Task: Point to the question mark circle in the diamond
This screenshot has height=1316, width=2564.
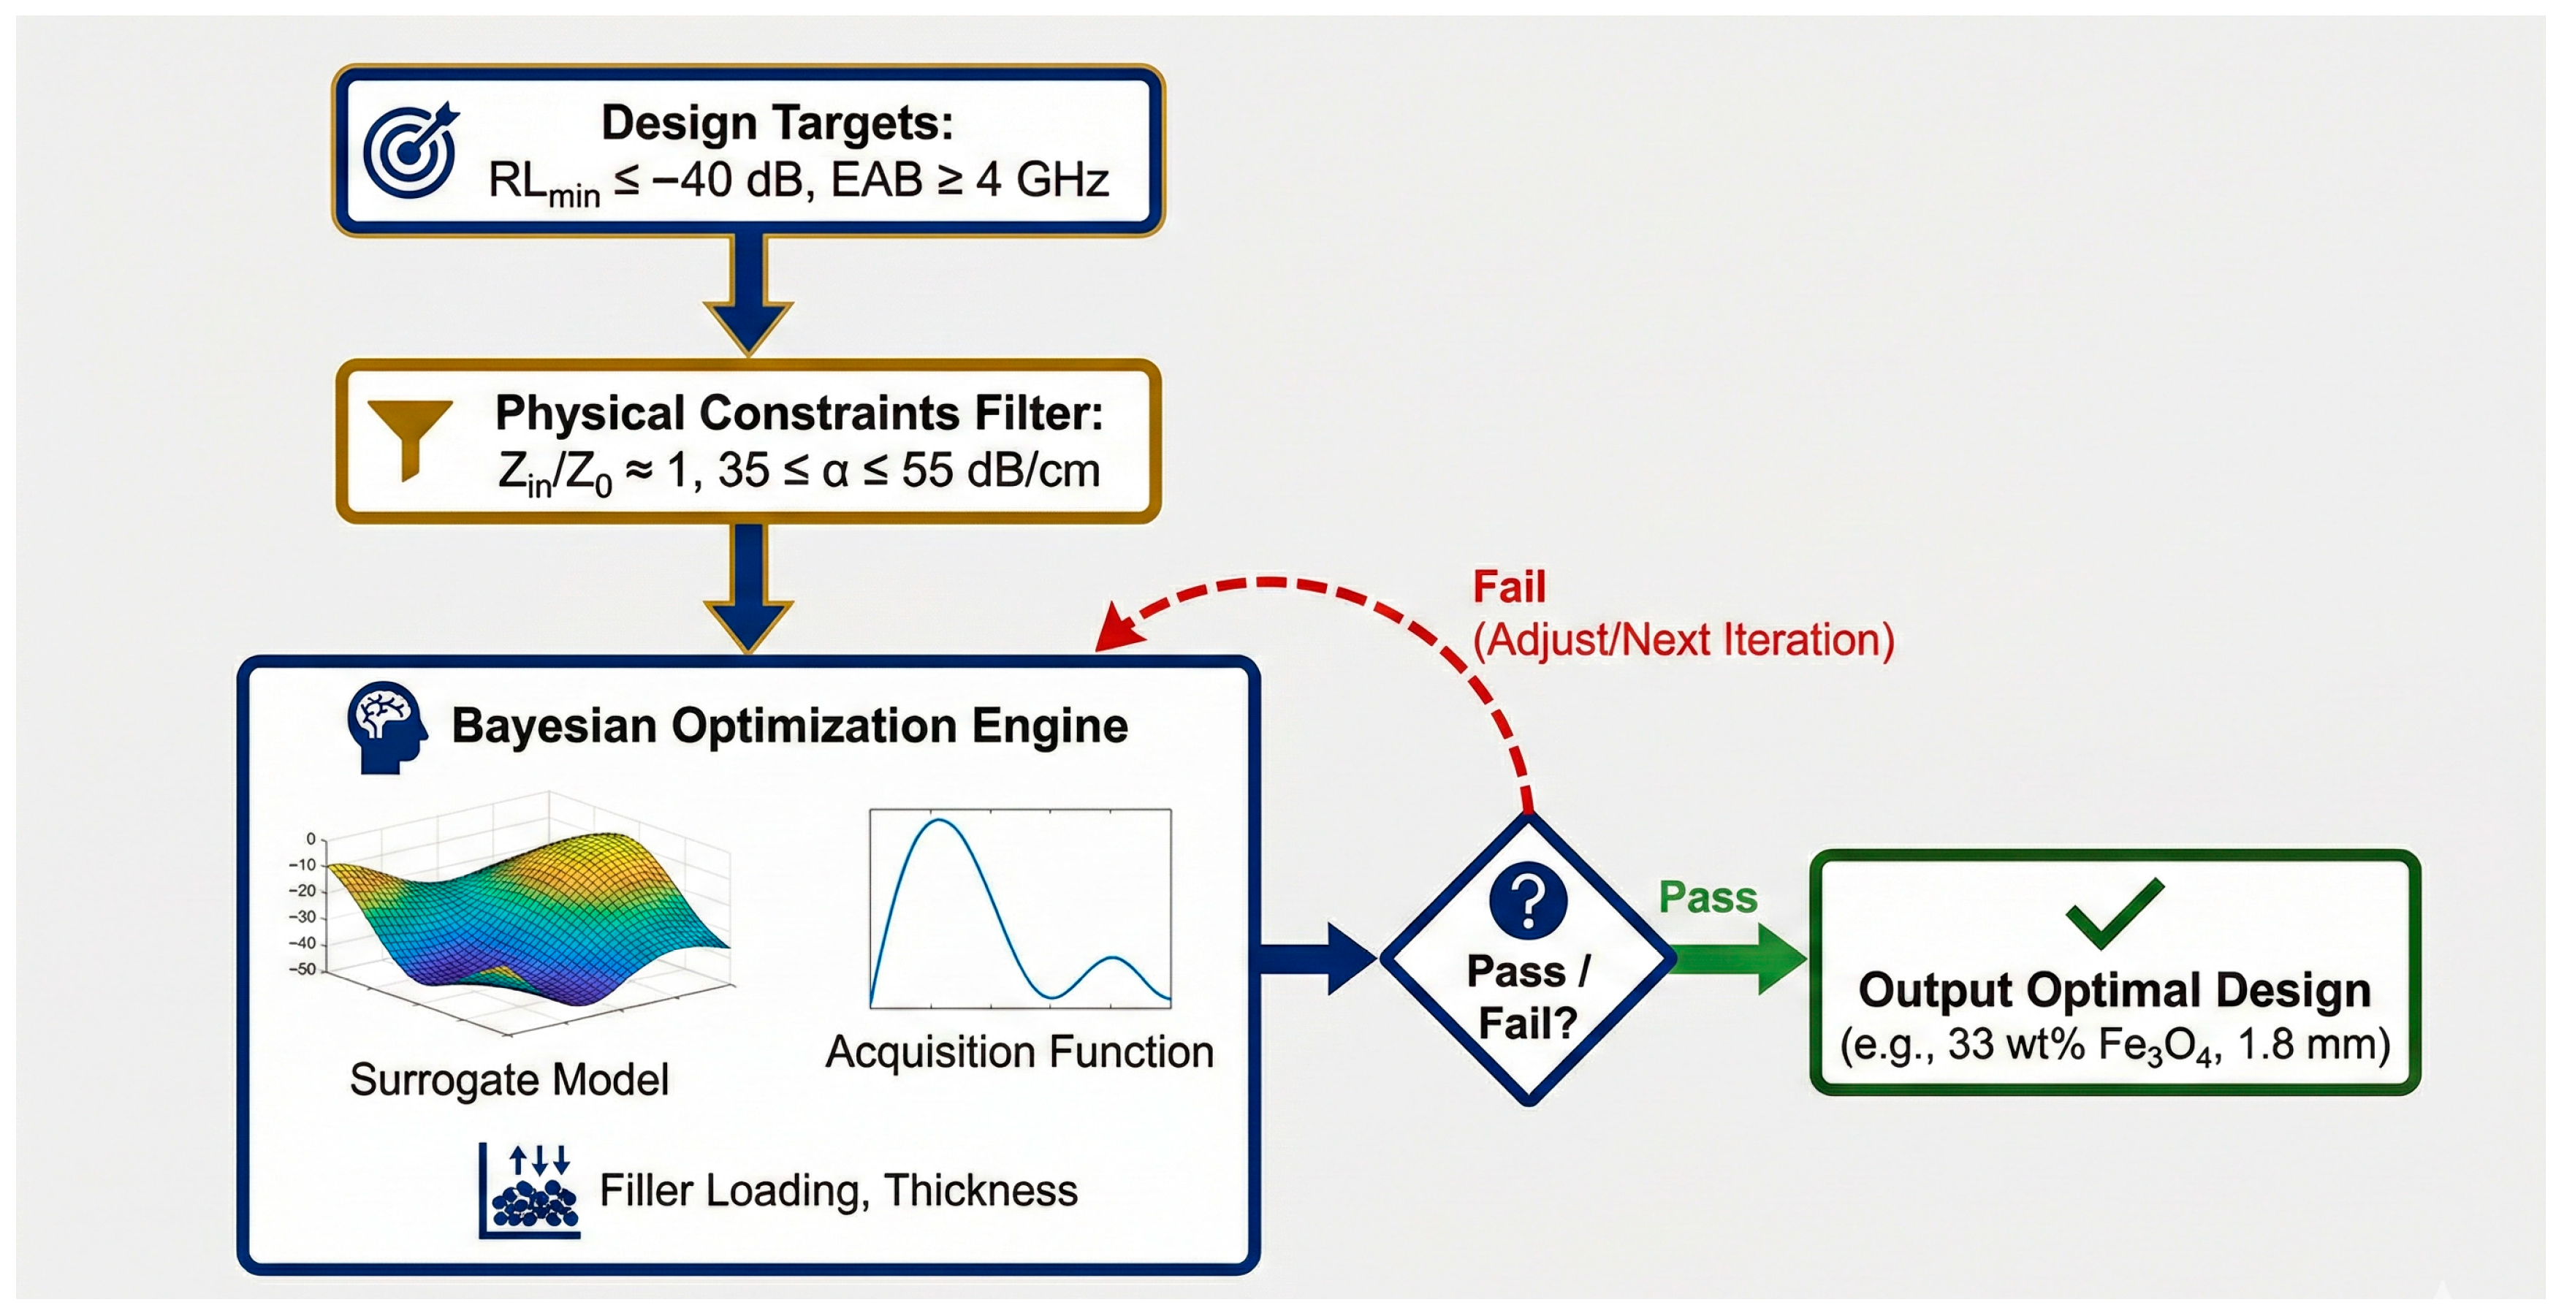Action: (1528, 901)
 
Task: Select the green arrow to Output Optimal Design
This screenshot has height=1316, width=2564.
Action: (1742, 958)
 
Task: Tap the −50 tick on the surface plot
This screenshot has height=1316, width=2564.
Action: (303, 969)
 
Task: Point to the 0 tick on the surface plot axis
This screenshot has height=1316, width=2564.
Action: (311, 838)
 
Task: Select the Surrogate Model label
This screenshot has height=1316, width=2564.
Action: (509, 1079)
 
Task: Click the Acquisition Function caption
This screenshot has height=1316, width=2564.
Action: (1019, 1051)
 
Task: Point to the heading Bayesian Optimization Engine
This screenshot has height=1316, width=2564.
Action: (789, 725)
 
